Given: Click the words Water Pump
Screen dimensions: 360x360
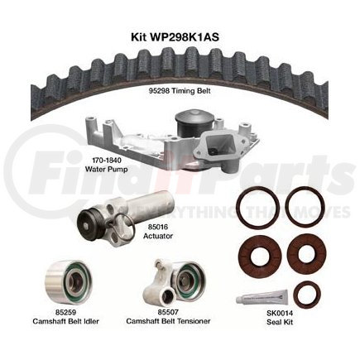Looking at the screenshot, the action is pyautogui.click(x=106, y=169).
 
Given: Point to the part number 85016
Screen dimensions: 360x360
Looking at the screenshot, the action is pyautogui.click(x=158, y=227).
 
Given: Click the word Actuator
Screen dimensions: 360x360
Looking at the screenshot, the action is pyautogui.click(x=158, y=236).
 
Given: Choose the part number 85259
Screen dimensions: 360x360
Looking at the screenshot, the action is pyautogui.click(x=65, y=312).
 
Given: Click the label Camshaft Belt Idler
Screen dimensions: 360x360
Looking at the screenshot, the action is pyautogui.click(x=65, y=321).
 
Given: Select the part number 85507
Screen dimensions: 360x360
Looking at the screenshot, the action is pyautogui.click(x=168, y=312).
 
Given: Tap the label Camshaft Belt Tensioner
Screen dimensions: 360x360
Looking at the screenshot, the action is pyautogui.click(x=168, y=321).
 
